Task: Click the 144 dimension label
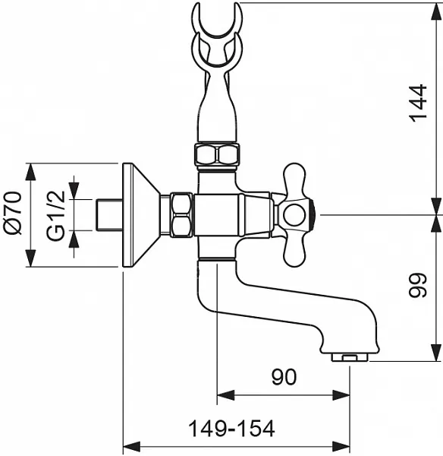point(418,102)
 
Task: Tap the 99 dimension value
point(418,285)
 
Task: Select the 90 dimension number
point(284,377)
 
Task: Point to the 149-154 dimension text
point(231,429)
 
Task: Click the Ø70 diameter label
point(14,213)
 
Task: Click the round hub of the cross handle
point(294,216)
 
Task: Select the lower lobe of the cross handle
point(294,252)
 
